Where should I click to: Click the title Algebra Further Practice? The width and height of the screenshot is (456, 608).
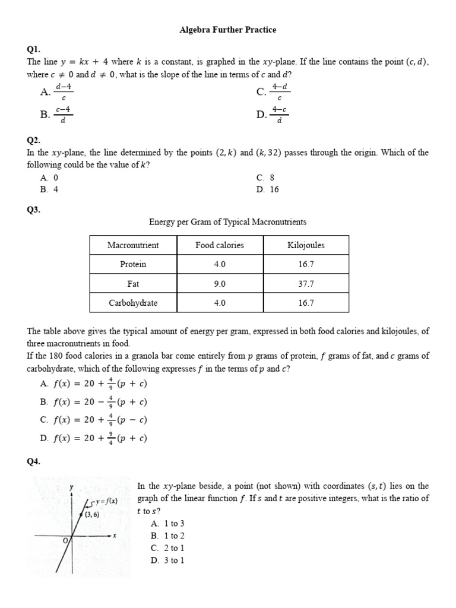click(228, 29)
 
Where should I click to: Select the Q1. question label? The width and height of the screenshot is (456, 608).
click(34, 50)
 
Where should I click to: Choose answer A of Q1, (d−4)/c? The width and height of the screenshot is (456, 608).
click(57, 91)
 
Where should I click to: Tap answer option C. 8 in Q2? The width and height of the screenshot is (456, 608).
click(265, 178)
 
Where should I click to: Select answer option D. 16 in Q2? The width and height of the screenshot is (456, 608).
click(267, 189)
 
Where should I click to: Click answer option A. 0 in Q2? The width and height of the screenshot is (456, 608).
click(49, 178)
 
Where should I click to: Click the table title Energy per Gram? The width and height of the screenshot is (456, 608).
click(227, 222)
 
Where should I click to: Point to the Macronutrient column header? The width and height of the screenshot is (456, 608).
click(133, 245)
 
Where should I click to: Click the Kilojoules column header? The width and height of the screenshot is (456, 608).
click(306, 245)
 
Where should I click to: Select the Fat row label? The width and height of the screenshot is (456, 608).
click(133, 284)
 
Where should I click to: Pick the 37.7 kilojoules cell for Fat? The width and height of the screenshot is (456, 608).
click(306, 284)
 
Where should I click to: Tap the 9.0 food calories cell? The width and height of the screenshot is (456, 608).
click(220, 284)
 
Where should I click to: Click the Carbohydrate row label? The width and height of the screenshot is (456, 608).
click(133, 303)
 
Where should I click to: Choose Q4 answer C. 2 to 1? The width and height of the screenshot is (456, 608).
click(168, 548)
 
